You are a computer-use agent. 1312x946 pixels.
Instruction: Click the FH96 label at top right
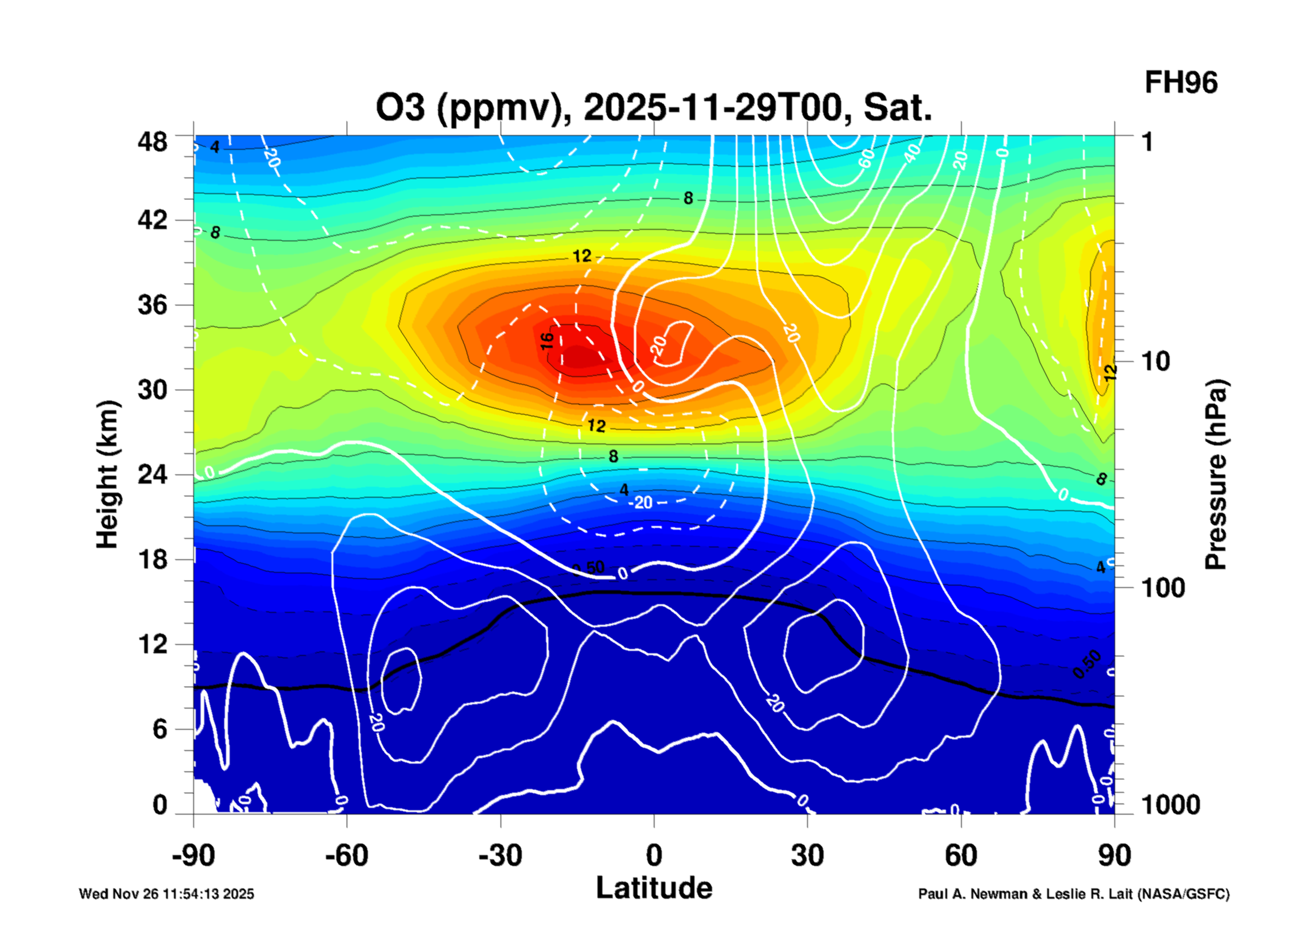[x=1180, y=82]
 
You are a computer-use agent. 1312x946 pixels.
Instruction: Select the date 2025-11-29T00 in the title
[x=713, y=107]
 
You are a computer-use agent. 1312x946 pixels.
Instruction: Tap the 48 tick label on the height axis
[x=152, y=142]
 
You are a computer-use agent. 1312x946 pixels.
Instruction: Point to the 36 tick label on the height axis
[x=152, y=304]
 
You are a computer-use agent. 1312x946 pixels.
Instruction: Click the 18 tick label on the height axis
[x=152, y=559]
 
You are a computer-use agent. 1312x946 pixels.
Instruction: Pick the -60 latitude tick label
[x=347, y=855]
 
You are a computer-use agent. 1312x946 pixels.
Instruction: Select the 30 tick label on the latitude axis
[x=807, y=855]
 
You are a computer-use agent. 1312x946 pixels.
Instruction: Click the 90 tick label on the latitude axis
[x=1114, y=855]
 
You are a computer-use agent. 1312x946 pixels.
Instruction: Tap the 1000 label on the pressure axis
[x=1170, y=805]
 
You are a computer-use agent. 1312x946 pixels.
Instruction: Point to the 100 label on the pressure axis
[x=1163, y=588]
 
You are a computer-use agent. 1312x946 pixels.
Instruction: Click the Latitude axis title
[x=654, y=888]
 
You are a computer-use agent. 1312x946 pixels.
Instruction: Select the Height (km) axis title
[x=107, y=475]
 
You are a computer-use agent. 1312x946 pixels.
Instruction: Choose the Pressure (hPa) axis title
[x=1215, y=475]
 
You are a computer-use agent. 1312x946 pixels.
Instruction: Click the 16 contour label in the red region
[x=547, y=341]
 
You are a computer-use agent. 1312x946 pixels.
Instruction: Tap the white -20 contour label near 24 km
[x=641, y=502]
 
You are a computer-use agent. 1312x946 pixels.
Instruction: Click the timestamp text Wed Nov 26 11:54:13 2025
[x=167, y=894]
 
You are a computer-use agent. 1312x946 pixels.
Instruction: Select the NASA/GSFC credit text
[x=1074, y=894]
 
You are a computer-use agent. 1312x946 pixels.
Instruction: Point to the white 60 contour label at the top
[x=867, y=158]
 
